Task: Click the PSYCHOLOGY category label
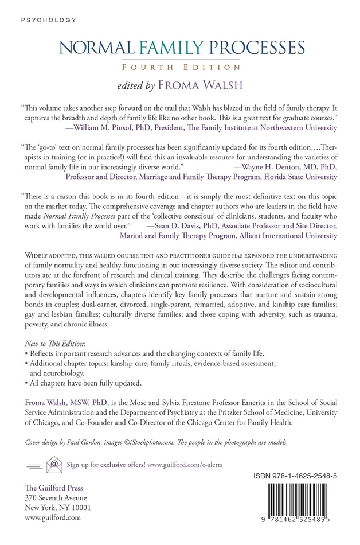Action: (x=48, y=20)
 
